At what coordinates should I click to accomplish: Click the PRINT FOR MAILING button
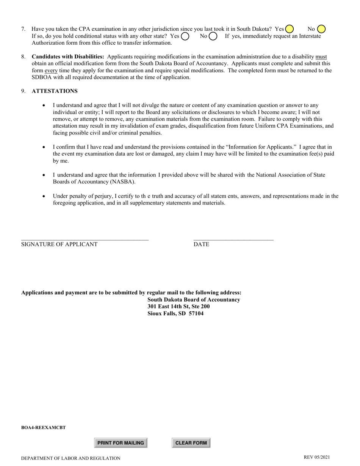tap(121, 443)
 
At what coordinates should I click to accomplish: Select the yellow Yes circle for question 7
tap(290, 29)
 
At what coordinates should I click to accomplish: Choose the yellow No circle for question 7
tap(321, 29)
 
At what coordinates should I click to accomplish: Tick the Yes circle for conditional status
tap(185, 36)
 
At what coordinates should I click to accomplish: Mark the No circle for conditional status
tap(213, 36)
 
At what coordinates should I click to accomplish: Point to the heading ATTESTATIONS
tap(55, 91)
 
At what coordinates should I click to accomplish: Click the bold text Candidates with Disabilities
tap(68, 57)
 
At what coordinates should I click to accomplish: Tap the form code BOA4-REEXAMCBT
tap(44, 428)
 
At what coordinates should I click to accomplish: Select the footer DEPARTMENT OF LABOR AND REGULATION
tap(71, 458)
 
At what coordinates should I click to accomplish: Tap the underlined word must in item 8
tap(321, 57)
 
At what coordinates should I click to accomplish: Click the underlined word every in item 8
tap(51, 70)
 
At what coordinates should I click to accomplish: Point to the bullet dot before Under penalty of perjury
tap(44, 196)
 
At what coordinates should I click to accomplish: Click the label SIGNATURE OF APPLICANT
tap(59, 244)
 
